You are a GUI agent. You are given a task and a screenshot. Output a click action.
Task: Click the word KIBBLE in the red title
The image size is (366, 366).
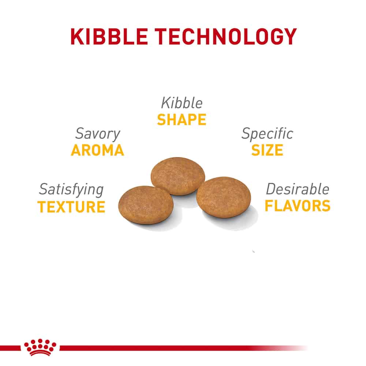pos(109,37)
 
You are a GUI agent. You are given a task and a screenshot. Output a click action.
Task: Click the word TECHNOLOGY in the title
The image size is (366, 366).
pos(225,37)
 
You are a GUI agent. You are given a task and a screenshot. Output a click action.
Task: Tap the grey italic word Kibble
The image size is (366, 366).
pos(182,103)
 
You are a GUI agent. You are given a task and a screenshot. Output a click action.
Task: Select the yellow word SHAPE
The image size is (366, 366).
pos(182,120)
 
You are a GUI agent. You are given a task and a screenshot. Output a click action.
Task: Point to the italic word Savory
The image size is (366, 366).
pos(98,134)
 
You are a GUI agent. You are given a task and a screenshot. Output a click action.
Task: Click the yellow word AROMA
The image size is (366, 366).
pos(97,150)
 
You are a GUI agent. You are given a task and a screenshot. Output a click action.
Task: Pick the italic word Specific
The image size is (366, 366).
pos(267,134)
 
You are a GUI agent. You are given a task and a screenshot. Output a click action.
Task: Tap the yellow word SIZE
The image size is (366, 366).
pos(267,150)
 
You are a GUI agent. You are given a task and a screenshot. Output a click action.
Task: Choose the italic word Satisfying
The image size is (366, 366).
pos(71,190)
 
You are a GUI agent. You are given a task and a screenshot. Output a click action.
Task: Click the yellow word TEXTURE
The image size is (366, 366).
pos(71,207)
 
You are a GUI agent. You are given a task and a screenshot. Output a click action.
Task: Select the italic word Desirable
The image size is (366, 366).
pos(298,189)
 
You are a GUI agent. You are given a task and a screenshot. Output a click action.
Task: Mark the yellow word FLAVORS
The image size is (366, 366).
pos(298,206)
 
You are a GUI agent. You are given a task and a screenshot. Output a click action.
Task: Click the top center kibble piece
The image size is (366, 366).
pos(178,176)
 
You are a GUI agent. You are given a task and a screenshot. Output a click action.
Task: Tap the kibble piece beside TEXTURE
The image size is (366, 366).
pos(146,205)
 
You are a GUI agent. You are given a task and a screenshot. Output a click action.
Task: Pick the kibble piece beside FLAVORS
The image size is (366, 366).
pos(224,197)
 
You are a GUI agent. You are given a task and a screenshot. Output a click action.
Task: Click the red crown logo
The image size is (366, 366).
pos(40,347)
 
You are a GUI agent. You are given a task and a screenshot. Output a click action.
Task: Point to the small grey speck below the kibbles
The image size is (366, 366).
pos(254,251)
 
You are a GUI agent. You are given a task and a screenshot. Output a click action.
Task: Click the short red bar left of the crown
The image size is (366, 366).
pos(10,348)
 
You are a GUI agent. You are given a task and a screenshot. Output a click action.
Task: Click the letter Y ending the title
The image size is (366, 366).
pos(290,37)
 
